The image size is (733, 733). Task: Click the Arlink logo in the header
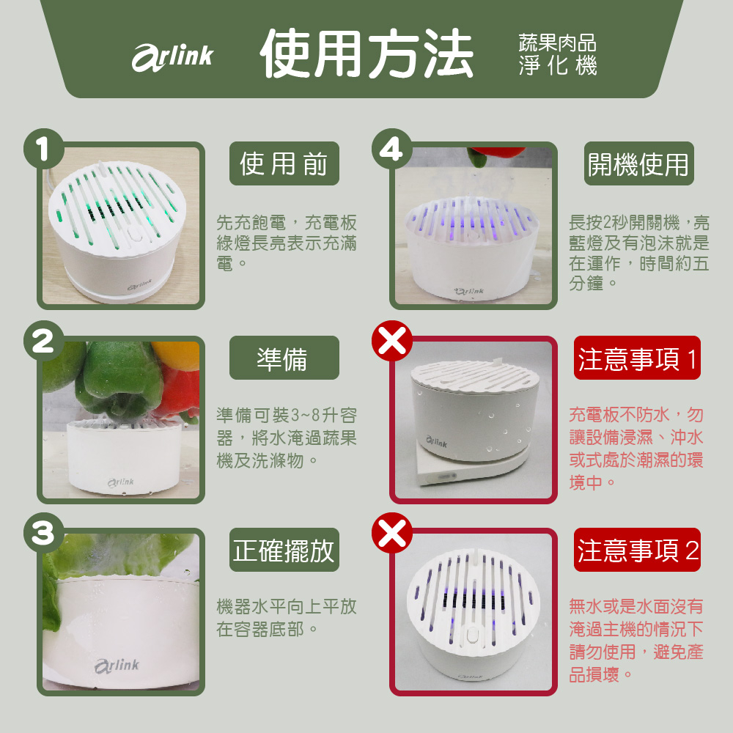[x=172, y=57]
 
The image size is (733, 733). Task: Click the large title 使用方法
[x=366, y=54]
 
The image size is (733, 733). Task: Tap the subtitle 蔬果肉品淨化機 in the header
[x=557, y=54]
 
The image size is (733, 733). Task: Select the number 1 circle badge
[x=44, y=149]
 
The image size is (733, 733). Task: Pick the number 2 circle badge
[x=44, y=342]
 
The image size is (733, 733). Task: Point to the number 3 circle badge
[x=44, y=534]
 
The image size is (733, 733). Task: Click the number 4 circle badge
[x=391, y=149]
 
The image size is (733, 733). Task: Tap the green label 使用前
[x=284, y=163]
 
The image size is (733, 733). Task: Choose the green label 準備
[x=284, y=358]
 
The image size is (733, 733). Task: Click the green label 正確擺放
[x=284, y=550]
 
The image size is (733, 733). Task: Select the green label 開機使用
[x=638, y=163]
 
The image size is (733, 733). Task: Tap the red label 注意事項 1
[x=637, y=358]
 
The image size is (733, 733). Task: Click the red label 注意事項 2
[x=637, y=550]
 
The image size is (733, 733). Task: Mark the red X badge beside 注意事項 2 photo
[x=391, y=534]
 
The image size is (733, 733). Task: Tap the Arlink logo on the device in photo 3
[x=117, y=666]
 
